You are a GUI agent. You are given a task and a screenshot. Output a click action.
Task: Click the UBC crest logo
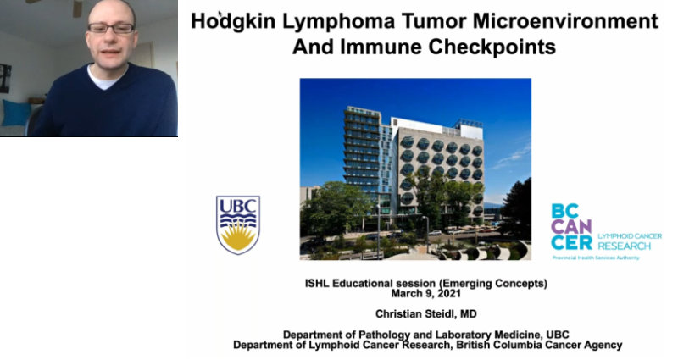click(x=238, y=224)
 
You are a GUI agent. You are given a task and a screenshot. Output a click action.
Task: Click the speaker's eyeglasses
click(x=110, y=28)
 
